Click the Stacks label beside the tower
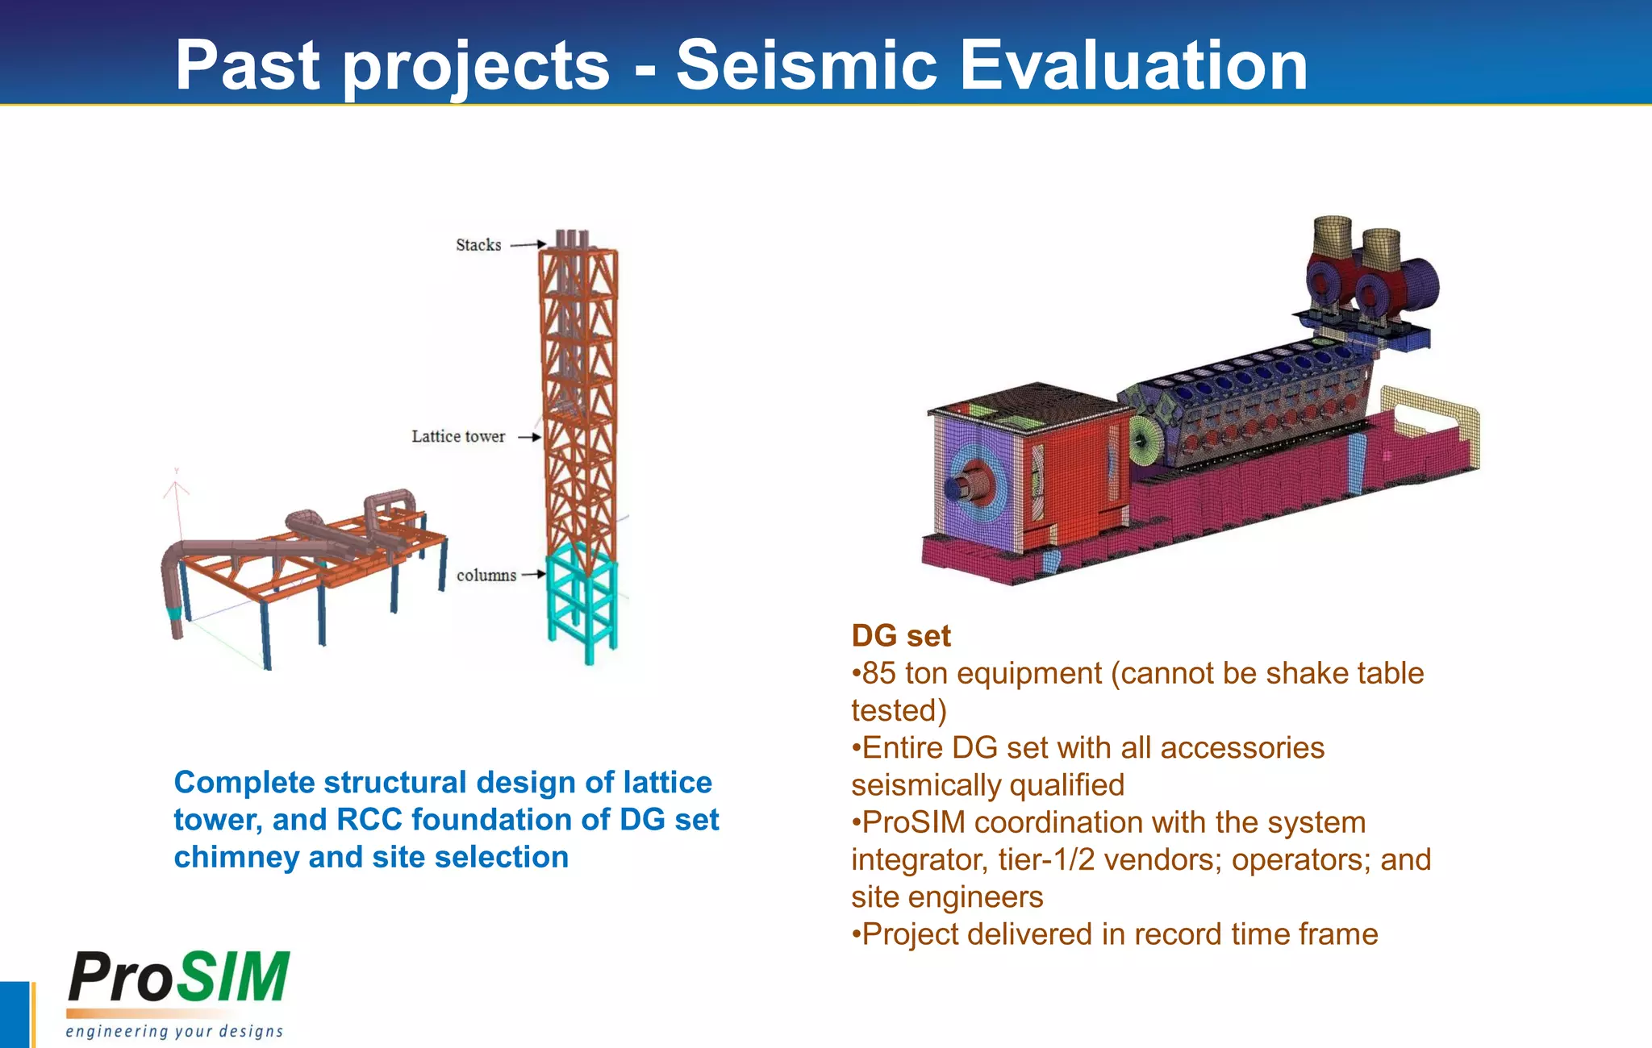click(x=478, y=245)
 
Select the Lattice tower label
click(x=458, y=437)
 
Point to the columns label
click(x=486, y=576)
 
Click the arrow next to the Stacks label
click(x=529, y=244)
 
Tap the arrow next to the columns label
click(x=533, y=575)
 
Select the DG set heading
click(x=901, y=636)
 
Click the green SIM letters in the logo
click(x=233, y=977)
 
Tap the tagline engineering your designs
click(x=174, y=1031)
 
